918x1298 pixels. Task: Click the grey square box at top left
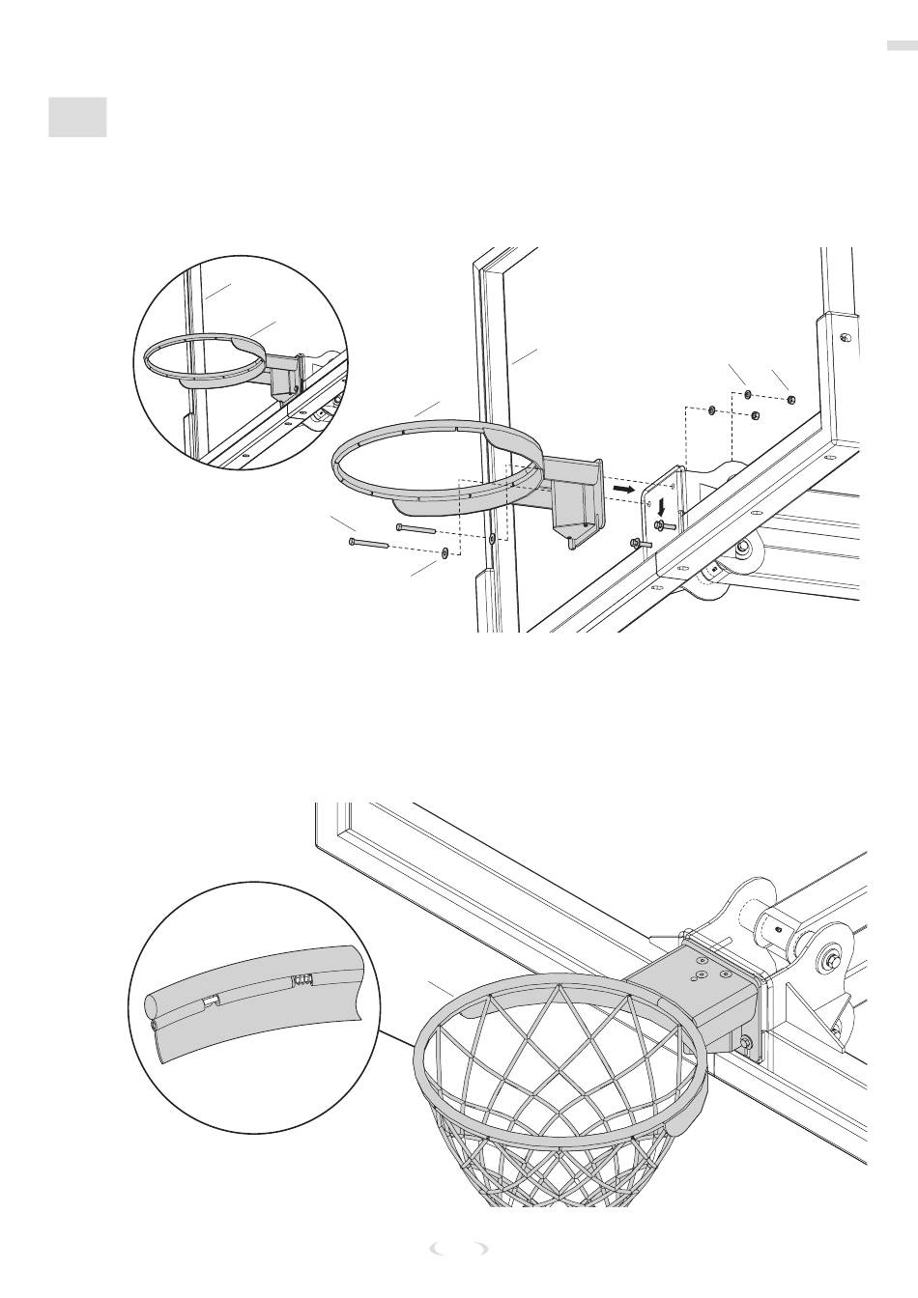[77, 117]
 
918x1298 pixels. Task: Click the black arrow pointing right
[623, 491]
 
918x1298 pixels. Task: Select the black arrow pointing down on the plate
[661, 507]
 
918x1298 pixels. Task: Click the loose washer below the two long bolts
[444, 554]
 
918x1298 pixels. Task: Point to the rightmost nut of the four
[790, 399]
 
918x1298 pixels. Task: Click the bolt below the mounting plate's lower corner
[640, 544]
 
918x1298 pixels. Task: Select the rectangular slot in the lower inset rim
[211, 1002]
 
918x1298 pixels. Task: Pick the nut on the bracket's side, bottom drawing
[746, 1042]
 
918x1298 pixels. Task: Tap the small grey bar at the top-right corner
[900, 44]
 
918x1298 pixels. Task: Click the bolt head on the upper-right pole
[845, 337]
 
